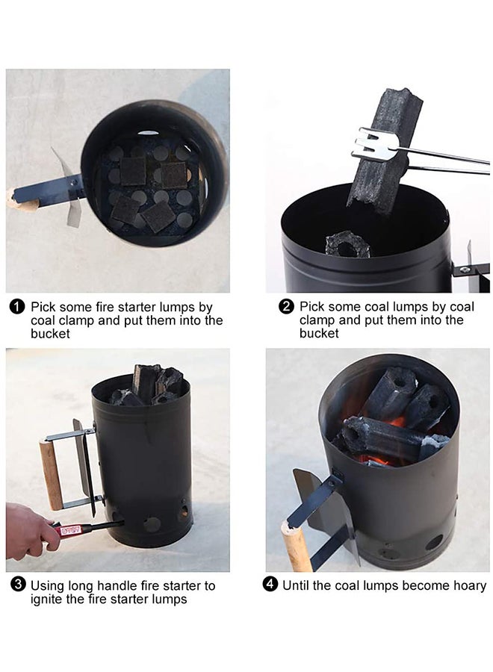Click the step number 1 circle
16,307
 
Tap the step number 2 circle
286,306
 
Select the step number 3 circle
18,585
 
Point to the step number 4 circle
270,585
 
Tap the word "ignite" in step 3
46,599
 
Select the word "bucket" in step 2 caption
319,333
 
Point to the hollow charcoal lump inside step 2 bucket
347,244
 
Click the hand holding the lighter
29,532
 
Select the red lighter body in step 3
70,530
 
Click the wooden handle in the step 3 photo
52,474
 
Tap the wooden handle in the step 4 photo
297,545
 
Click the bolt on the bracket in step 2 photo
465,270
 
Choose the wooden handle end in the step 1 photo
22,202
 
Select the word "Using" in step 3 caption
48,586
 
